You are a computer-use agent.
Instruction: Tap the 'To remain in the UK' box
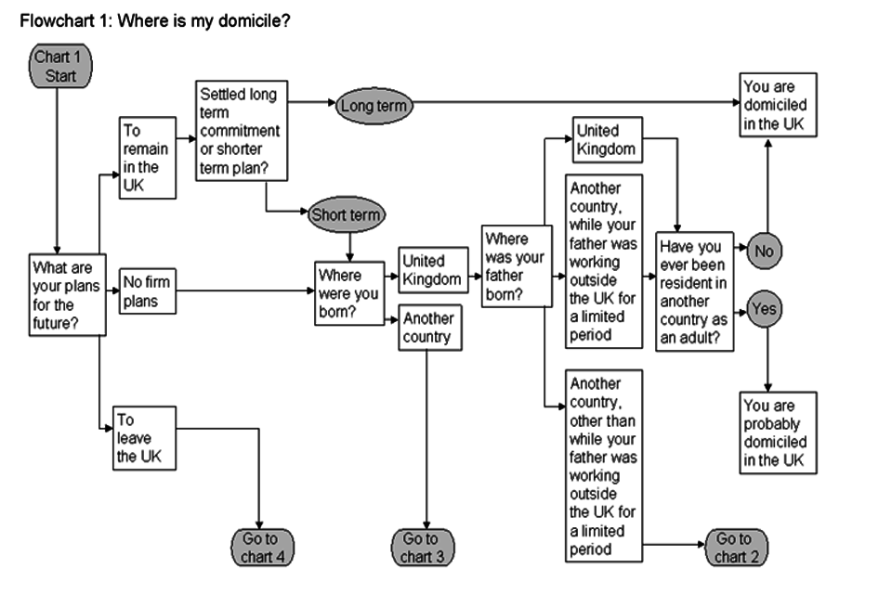click(147, 157)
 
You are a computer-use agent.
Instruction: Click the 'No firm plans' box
click(147, 290)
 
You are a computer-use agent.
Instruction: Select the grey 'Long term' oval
click(373, 106)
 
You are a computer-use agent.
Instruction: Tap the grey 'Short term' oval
click(346, 215)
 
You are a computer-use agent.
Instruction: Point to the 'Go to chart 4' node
click(258, 548)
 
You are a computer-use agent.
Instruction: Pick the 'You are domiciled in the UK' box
click(779, 105)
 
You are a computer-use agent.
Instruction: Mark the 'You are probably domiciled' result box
click(779, 433)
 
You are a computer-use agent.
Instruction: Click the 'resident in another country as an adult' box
click(695, 291)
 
